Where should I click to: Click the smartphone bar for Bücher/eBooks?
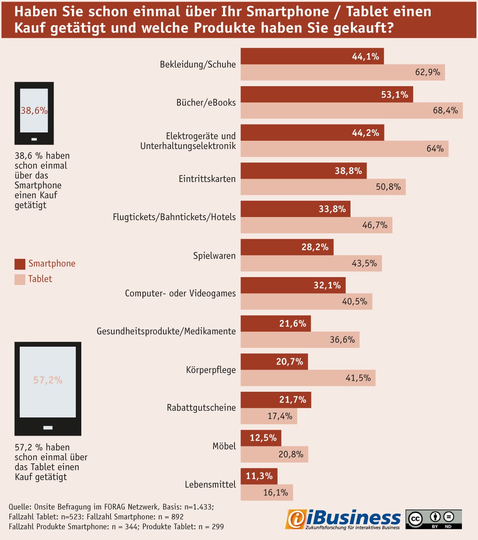(x=327, y=94)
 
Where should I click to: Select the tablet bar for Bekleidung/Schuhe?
(x=343, y=72)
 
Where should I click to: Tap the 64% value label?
(x=435, y=149)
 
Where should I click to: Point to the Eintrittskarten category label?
(x=207, y=179)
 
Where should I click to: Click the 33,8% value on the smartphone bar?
(x=332, y=209)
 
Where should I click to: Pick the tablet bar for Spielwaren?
(x=311, y=263)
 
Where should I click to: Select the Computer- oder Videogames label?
(x=180, y=293)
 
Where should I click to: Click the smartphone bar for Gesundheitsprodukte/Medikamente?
(x=276, y=324)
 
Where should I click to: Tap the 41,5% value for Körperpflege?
(x=358, y=378)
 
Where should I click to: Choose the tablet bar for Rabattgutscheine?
(x=269, y=416)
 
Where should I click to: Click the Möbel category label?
(x=224, y=446)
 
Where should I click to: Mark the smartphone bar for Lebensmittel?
(x=259, y=476)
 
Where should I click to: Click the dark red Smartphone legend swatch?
(x=20, y=264)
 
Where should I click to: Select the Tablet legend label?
(x=40, y=279)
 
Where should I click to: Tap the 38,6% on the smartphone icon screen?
(x=34, y=110)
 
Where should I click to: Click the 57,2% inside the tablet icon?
(x=48, y=380)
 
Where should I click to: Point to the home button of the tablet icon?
(x=48, y=428)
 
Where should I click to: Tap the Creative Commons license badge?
(x=434, y=519)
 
